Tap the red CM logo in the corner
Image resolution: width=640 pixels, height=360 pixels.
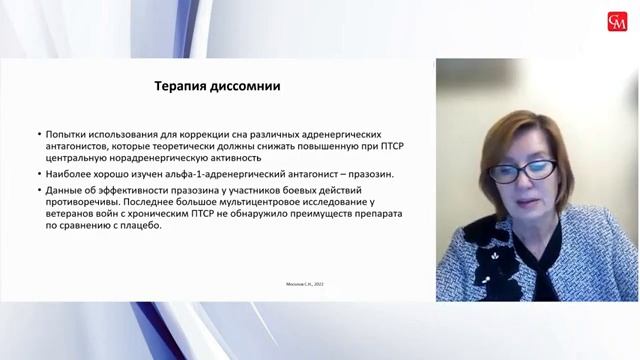point(617,21)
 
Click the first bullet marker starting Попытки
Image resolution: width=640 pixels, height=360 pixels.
point(36,133)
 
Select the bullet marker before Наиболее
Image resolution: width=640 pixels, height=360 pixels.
point(36,173)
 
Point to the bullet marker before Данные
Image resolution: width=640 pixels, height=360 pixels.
point(36,188)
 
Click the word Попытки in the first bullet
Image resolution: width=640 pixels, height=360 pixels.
point(65,133)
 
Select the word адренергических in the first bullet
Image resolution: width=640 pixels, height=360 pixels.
point(361,133)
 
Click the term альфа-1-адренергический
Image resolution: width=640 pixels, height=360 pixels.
point(199,173)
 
